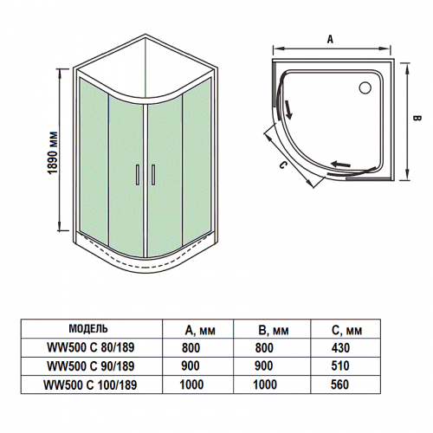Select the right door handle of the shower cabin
coord(151,175)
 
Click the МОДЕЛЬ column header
coord(87,329)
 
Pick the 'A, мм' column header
coord(200,330)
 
